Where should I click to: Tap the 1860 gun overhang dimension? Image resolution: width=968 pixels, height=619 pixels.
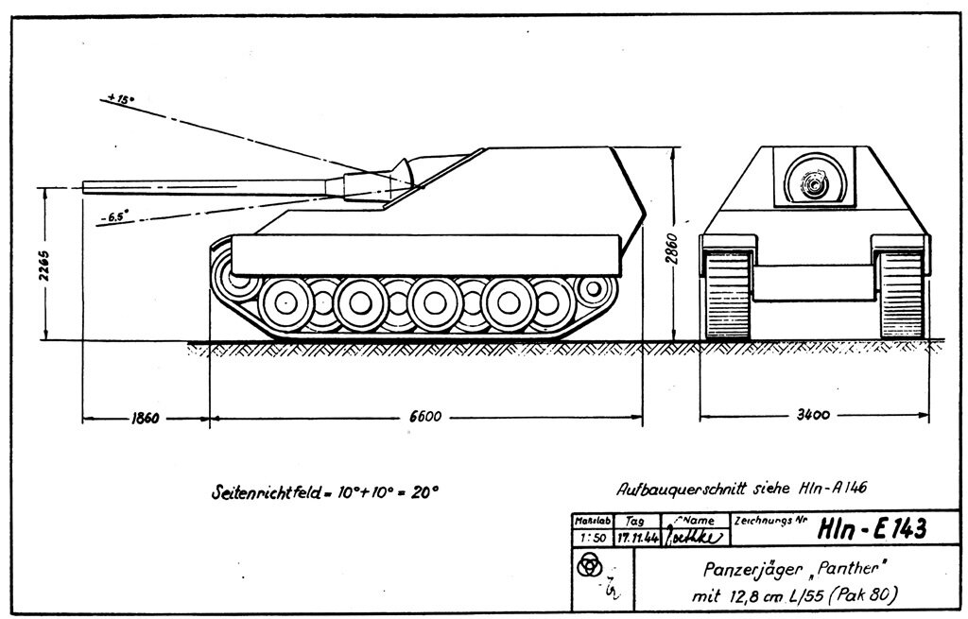pos(143,417)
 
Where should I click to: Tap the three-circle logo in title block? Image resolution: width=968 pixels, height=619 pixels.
pos(587,565)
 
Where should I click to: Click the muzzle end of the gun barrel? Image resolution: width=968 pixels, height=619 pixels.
pos(85,185)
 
